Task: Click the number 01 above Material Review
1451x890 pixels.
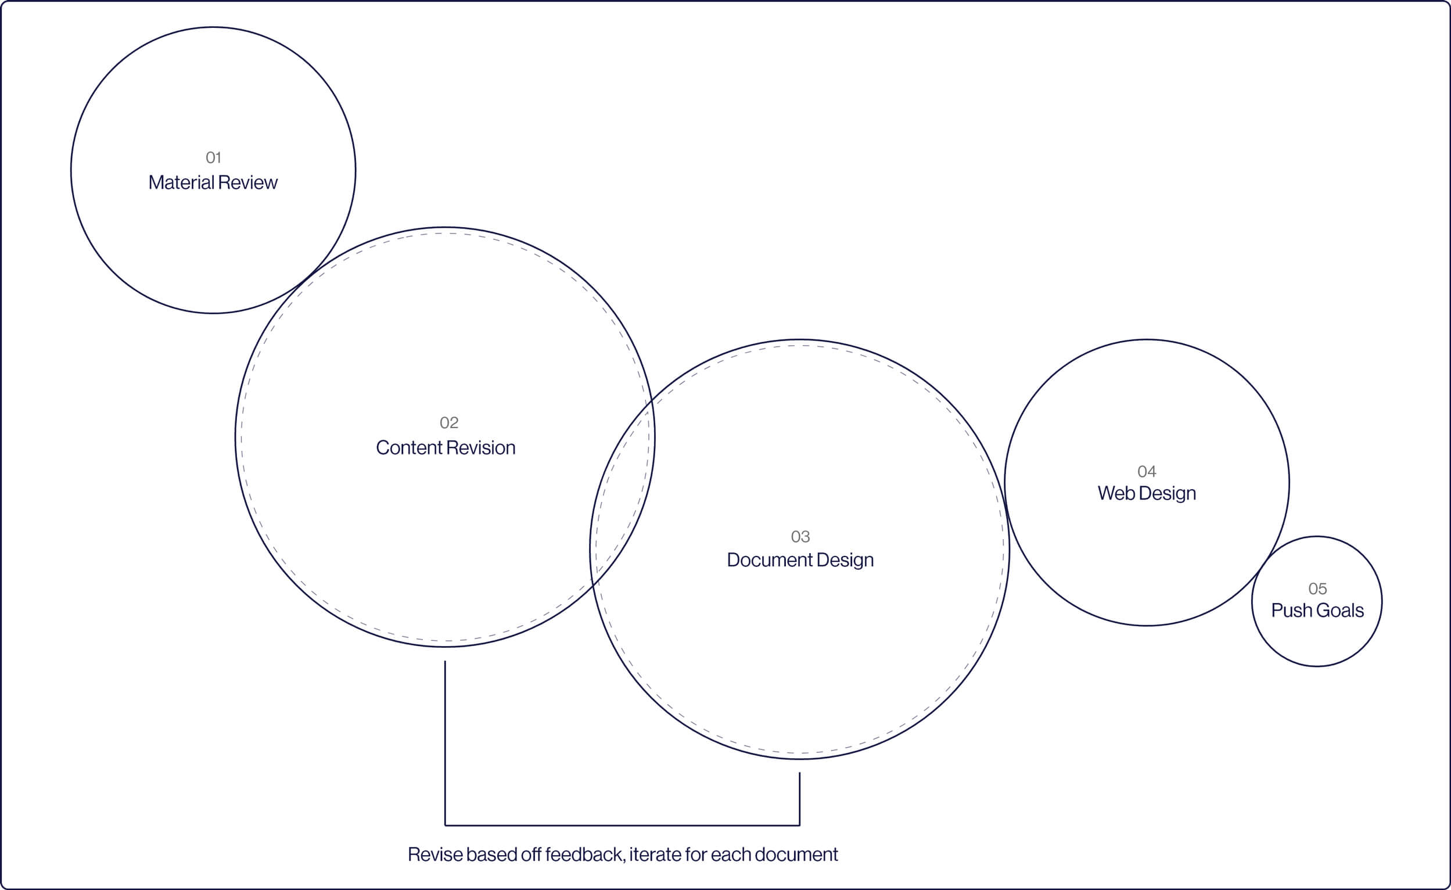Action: pyautogui.click(x=213, y=158)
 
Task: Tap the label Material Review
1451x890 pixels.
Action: pyautogui.click(x=213, y=182)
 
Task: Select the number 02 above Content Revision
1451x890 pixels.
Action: pyautogui.click(x=449, y=423)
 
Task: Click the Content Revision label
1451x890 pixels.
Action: pyautogui.click(x=445, y=448)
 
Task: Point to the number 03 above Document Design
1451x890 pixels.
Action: pyautogui.click(x=800, y=537)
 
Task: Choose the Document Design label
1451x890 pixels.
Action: pyautogui.click(x=800, y=559)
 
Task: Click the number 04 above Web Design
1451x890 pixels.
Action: pyautogui.click(x=1147, y=472)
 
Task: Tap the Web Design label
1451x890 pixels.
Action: pyautogui.click(x=1147, y=493)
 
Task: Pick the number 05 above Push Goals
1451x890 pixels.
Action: pyautogui.click(x=1317, y=588)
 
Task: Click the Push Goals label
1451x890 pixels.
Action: pyautogui.click(x=1317, y=610)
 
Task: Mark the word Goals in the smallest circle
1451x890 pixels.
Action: pyautogui.click(x=1339, y=610)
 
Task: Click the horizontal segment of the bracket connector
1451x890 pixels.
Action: pyautogui.click(x=622, y=825)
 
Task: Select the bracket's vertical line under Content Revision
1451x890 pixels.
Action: pyautogui.click(x=445, y=742)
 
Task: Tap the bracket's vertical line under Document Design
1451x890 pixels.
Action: pyautogui.click(x=800, y=798)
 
